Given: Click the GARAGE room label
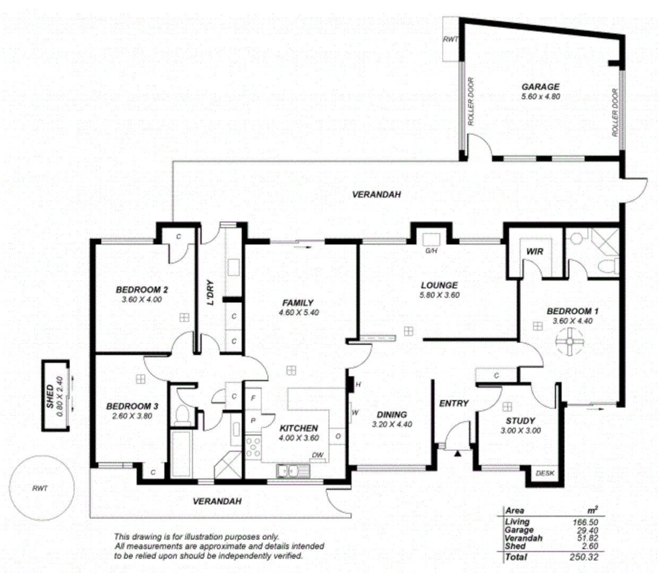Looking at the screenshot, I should click(x=540, y=86).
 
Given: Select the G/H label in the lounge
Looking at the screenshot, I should click(x=431, y=251).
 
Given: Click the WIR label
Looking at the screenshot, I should click(x=535, y=251).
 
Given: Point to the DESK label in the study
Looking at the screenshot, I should click(x=545, y=473).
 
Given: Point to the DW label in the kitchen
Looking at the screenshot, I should click(x=317, y=455).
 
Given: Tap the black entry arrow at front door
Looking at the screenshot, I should click(x=457, y=453).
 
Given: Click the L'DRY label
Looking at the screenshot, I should click(x=210, y=292).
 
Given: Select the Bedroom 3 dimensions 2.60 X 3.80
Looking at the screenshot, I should click(x=132, y=416).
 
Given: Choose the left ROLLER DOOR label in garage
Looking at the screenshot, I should click(x=471, y=102).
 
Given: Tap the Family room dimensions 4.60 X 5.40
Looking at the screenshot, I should click(x=298, y=312).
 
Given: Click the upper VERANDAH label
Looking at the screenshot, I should click(x=376, y=195).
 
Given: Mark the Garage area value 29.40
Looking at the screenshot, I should click(x=587, y=531).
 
